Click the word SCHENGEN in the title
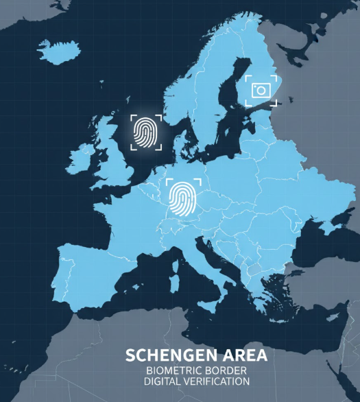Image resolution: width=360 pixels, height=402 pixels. coord(162,356)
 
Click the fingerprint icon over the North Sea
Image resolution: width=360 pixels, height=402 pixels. coord(145,132)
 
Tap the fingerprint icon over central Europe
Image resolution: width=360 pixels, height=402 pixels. coord(183,198)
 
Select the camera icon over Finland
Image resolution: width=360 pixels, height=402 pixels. coord(261,90)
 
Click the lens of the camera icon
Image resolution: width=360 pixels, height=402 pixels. coord(261,91)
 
